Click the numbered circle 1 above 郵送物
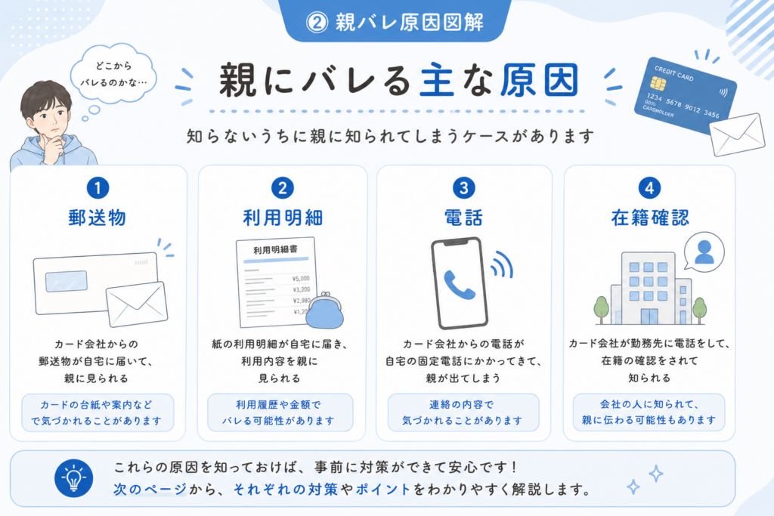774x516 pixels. [x=98, y=188]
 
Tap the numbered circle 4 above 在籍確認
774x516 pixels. [x=649, y=188]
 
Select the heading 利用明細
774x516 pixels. [x=283, y=218]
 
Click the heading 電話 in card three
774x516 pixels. [x=463, y=218]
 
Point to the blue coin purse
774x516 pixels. [x=324, y=311]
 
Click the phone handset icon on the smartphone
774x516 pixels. [x=459, y=285]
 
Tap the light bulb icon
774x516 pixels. [x=73, y=478]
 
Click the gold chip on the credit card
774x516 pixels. [x=658, y=83]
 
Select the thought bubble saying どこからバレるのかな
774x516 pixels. [x=113, y=75]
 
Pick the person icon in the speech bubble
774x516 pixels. [x=704, y=252]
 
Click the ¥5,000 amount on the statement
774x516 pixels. [x=301, y=279]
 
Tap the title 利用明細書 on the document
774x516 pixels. [x=275, y=249]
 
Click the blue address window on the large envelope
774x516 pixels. [x=67, y=281]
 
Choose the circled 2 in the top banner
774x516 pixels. [x=317, y=22]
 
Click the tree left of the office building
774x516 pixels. [x=601, y=309]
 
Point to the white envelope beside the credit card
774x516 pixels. [x=737, y=134]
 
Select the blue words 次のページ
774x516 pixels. [x=150, y=490]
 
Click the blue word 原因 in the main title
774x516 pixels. [x=539, y=80]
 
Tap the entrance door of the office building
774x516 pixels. [x=649, y=317]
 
